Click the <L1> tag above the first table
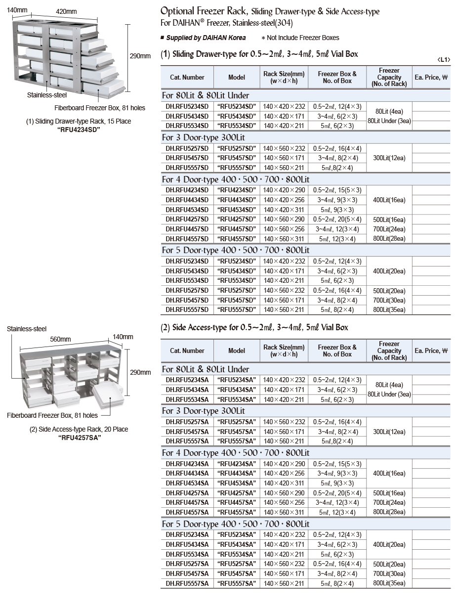coord(443,60)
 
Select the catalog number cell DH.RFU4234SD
coord(187,190)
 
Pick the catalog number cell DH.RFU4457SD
coord(187,229)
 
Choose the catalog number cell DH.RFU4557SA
coord(187,512)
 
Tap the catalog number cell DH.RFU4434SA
coord(187,473)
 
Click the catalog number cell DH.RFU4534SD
coord(187,210)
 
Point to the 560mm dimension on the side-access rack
coord(60,339)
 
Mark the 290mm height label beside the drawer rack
coord(140,56)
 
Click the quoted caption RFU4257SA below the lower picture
coord(80,437)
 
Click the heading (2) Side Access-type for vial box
coord(254,327)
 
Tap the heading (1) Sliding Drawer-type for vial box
coord(259,54)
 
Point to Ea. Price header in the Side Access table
coord(431,351)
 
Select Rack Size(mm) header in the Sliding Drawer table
coord(284,77)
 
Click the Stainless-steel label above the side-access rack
coord(27,329)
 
